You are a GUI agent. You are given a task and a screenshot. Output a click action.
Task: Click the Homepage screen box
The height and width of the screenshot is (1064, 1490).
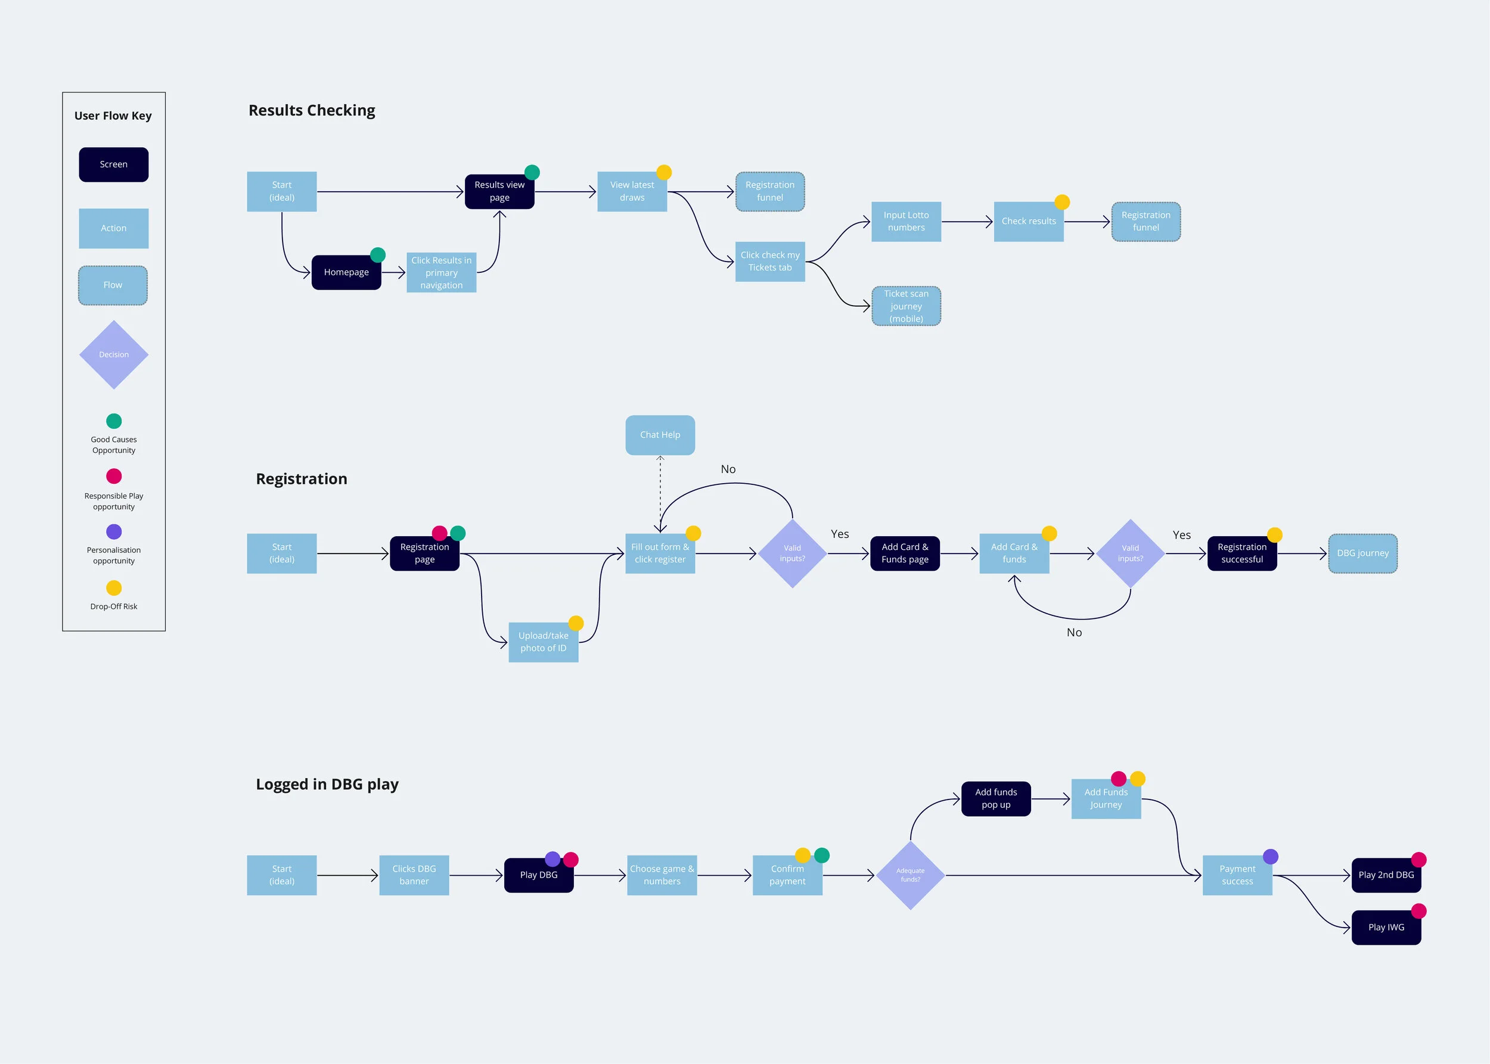click(346, 272)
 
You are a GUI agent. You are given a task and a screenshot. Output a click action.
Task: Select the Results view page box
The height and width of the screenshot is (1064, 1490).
click(499, 191)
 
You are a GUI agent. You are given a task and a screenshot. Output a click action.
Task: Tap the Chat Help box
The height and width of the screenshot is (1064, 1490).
click(660, 435)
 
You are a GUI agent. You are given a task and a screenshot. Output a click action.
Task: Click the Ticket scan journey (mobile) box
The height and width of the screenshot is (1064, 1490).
click(906, 306)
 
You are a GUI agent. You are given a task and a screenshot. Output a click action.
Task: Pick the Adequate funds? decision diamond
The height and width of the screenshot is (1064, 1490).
click(911, 875)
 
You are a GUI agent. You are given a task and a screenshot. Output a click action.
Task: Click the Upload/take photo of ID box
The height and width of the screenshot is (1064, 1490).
click(544, 642)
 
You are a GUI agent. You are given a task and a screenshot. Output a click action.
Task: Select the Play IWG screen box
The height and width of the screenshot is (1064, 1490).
click(1386, 928)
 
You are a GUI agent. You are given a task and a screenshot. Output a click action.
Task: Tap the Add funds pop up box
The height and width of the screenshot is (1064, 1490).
click(996, 799)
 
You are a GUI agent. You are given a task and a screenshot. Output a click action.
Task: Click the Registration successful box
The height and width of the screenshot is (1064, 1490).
click(1241, 553)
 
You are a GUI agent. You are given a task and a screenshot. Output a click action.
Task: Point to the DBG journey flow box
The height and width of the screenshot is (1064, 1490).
click(1363, 553)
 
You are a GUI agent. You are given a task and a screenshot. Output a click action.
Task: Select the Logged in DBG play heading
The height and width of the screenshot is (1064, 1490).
click(327, 784)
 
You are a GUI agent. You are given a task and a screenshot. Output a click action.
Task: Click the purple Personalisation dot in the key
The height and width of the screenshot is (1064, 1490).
click(114, 531)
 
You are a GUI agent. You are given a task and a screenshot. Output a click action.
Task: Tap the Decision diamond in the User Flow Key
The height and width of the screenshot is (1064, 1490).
click(114, 354)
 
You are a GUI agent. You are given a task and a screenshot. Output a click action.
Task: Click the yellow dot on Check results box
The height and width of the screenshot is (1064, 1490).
click(1062, 202)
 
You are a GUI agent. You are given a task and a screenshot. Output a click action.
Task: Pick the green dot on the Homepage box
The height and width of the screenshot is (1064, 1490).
click(378, 255)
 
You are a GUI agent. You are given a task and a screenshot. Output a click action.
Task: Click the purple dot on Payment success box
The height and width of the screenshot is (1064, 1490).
click(1271, 856)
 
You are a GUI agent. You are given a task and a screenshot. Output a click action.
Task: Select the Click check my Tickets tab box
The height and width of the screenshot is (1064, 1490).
click(769, 262)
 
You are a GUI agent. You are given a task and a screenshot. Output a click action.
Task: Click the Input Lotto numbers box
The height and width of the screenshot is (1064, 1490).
click(906, 222)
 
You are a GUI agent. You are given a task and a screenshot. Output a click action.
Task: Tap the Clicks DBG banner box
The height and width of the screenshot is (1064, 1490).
click(414, 875)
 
